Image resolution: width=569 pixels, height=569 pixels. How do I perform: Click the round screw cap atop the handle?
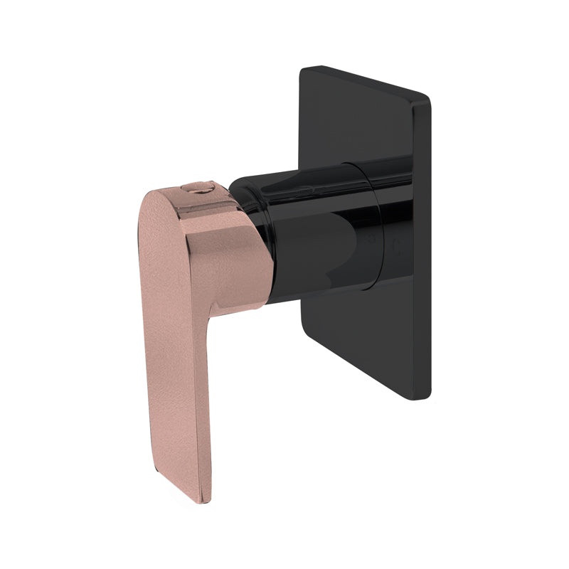click(x=198, y=189)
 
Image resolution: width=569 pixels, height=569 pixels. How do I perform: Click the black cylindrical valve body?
click(x=313, y=242)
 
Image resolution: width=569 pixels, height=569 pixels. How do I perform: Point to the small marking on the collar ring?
click(x=371, y=240)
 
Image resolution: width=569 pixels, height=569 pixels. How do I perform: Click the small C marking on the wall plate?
click(x=396, y=248)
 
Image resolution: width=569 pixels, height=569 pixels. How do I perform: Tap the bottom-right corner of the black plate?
click(x=425, y=396)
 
